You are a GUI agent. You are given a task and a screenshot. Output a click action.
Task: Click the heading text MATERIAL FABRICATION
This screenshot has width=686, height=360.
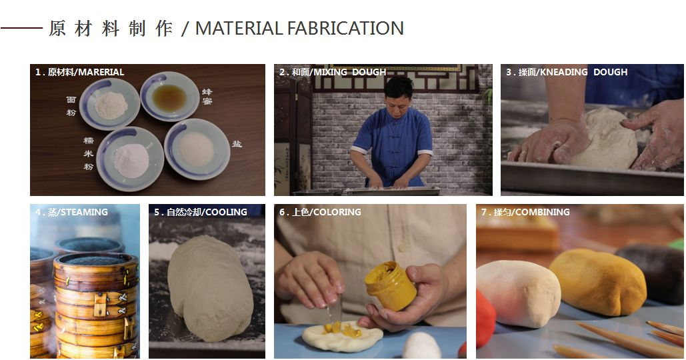[x=299, y=29]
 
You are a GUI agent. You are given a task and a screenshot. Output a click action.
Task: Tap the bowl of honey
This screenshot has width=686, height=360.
[x=169, y=96]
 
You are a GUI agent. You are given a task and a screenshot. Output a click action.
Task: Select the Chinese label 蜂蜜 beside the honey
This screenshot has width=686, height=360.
[x=207, y=96]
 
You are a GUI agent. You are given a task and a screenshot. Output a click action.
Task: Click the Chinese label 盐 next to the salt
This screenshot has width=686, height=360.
[x=237, y=143]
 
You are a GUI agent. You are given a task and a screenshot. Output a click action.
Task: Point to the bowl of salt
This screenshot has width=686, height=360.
[x=197, y=149]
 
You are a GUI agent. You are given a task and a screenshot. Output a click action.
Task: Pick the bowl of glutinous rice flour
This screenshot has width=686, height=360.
[x=130, y=159]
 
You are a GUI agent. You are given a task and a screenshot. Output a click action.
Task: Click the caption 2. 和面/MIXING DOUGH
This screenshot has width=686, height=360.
[x=333, y=72]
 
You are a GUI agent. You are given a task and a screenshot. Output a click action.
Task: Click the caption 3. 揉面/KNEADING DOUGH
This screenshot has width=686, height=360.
[x=567, y=72]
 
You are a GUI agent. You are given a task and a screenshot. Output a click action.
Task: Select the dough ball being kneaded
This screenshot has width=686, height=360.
[x=604, y=138]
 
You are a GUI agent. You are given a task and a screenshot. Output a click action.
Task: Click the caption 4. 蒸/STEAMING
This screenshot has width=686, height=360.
[x=71, y=212]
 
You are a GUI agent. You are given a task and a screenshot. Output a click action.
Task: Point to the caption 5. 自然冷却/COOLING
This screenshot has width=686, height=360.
[x=201, y=212]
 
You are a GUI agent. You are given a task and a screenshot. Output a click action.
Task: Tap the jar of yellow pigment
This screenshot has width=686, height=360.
[x=390, y=285]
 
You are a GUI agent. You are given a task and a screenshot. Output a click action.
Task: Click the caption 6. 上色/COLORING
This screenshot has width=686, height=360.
[x=320, y=212]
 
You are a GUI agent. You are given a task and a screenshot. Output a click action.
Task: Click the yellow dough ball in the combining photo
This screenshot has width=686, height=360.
[x=597, y=282]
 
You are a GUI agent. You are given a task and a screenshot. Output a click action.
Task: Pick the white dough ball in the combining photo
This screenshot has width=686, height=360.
[x=519, y=293]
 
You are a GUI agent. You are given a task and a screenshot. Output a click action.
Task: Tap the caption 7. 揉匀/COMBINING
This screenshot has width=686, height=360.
[x=525, y=212]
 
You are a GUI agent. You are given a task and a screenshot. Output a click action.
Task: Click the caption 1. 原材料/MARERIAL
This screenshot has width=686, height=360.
[x=79, y=72]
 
